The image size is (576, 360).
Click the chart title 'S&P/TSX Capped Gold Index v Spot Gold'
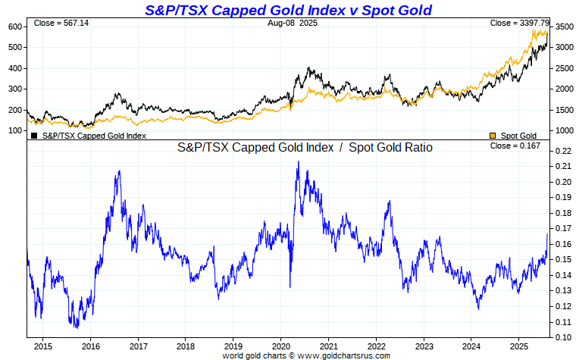(288, 10)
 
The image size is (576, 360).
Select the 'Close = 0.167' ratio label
(515, 146)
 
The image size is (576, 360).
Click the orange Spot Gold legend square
(493, 136)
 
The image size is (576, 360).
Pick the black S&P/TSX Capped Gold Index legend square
(34, 136)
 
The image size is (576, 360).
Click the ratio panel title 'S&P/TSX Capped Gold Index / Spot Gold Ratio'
(305, 148)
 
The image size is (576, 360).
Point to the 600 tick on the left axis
(14, 27)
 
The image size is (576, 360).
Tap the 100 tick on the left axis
(14, 130)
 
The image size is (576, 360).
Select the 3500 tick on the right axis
(563, 27)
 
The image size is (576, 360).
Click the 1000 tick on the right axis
(563, 130)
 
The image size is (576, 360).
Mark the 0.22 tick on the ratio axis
(561, 151)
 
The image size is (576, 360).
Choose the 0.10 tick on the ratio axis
(561, 337)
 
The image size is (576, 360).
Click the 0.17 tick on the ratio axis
(561, 228)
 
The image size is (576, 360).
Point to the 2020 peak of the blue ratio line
(298, 161)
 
